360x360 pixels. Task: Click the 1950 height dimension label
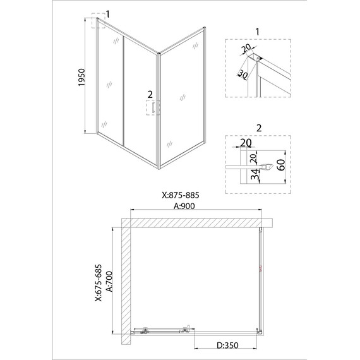81,78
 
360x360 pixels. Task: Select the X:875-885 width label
181,195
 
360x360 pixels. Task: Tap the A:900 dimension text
184,206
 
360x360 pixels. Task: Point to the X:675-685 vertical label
99,283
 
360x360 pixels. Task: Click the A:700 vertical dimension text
110,282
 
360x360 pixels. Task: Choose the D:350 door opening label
228,345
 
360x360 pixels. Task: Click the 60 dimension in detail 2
282,165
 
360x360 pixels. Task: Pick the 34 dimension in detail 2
255,174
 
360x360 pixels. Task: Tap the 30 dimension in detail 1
243,75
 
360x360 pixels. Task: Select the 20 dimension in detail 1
246,49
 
